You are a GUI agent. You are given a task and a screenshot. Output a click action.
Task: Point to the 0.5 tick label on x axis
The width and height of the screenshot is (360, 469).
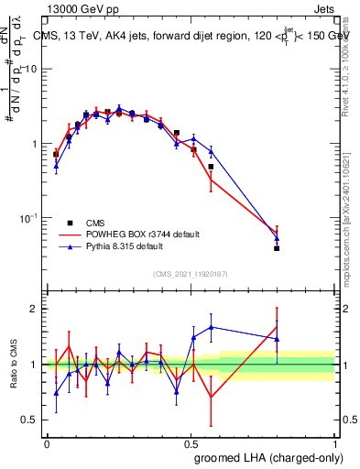click(191, 443)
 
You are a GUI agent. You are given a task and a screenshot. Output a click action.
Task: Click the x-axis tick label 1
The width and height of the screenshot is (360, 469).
click(335, 443)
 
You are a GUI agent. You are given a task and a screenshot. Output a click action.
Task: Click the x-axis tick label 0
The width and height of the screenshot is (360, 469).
click(47, 443)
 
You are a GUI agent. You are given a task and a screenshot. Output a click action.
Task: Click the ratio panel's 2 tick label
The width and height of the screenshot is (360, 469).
click(36, 309)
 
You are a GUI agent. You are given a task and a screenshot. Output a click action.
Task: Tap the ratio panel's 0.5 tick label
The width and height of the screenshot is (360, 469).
click(31, 420)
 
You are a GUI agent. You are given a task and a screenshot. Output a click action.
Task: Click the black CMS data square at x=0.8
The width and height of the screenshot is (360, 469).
click(277, 248)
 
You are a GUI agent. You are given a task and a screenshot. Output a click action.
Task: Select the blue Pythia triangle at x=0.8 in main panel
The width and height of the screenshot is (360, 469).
click(277, 239)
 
